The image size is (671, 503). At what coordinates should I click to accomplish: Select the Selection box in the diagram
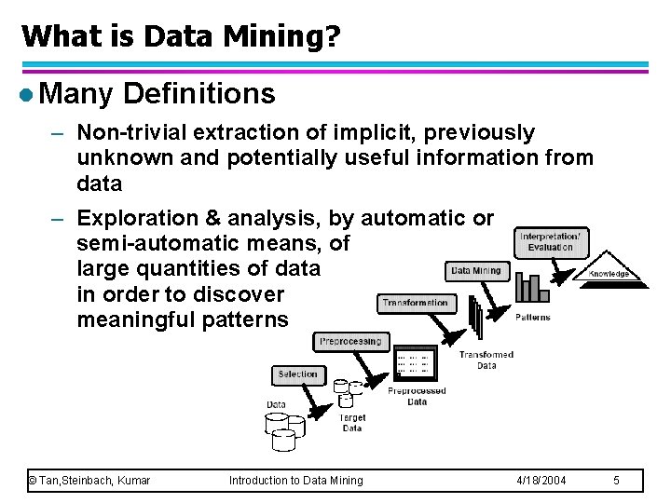(298, 374)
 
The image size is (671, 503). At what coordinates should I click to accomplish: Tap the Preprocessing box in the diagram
(350, 342)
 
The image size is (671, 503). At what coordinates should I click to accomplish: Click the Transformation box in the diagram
(416, 303)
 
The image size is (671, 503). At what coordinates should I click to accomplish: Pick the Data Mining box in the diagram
(475, 271)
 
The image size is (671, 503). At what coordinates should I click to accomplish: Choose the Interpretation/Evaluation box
(551, 241)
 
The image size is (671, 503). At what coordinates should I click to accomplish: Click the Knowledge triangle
(608, 267)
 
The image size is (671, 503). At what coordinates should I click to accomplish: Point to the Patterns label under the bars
(533, 318)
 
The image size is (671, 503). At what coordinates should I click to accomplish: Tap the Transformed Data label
(486, 360)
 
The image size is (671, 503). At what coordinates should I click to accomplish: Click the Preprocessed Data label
(417, 397)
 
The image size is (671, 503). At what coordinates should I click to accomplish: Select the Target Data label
(351, 423)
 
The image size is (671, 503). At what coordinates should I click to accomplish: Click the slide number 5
(617, 480)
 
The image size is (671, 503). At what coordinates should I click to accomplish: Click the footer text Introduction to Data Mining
(296, 480)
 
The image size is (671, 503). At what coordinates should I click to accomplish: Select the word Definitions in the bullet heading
(199, 93)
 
